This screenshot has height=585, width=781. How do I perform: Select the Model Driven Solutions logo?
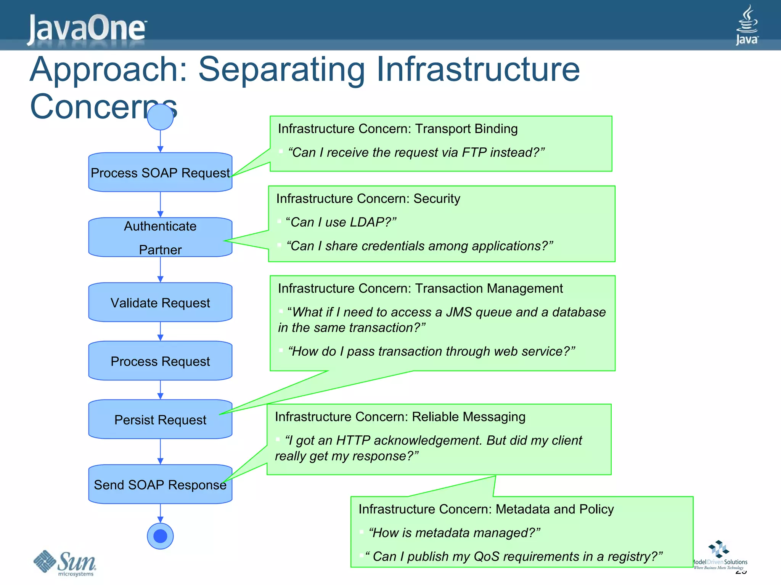point(719,555)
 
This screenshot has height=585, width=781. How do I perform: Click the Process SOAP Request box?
point(160,173)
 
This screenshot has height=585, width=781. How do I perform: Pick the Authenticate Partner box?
point(160,237)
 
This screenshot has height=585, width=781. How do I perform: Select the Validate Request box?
point(160,302)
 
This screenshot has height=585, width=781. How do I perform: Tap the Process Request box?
point(160,361)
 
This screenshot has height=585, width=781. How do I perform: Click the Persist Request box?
point(160,419)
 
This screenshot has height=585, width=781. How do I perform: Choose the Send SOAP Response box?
point(160,484)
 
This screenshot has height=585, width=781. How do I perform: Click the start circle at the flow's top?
point(160,117)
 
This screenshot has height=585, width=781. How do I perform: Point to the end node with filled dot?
point(160,536)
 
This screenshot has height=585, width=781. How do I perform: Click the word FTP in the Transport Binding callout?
point(474,152)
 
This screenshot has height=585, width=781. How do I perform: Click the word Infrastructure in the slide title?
point(478,69)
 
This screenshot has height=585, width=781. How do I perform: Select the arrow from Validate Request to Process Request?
point(160,331)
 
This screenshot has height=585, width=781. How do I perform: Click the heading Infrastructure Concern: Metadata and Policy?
point(486,509)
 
